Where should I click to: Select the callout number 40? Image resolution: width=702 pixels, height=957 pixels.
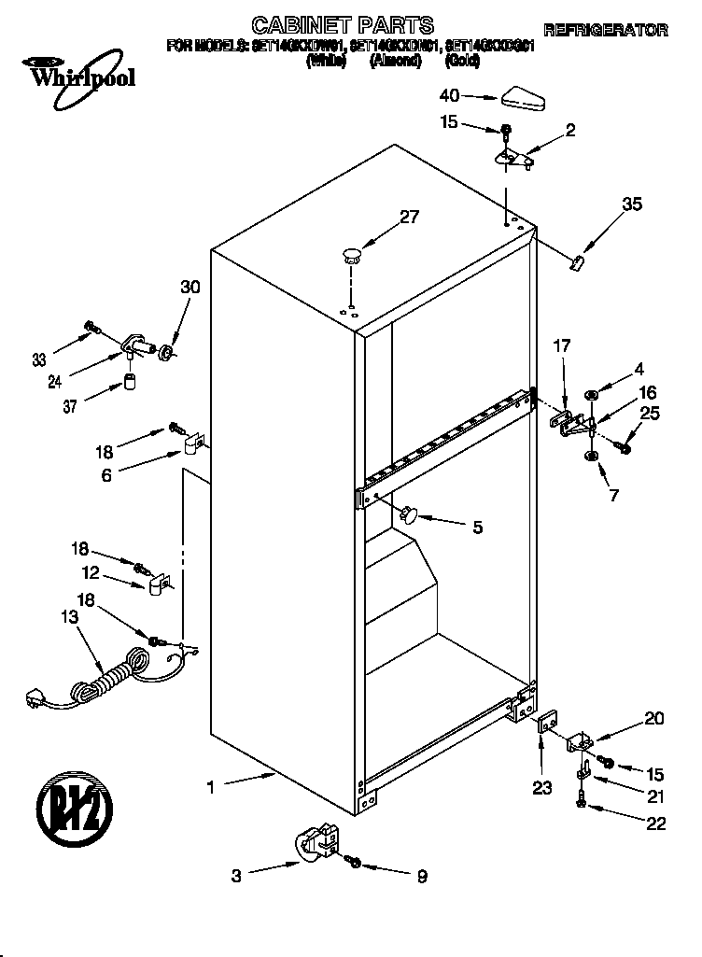(450, 95)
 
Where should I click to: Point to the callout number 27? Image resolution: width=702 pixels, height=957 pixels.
(409, 217)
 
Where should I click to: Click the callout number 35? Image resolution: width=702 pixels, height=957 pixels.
(632, 204)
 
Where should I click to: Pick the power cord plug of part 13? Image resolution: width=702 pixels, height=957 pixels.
(35, 696)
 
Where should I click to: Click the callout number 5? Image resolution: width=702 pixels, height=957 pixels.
(477, 528)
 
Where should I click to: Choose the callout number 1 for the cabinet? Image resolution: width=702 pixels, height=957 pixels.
(211, 787)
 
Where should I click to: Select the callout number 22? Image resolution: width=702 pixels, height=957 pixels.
(656, 823)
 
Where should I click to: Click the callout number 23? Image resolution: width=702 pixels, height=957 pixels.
(542, 787)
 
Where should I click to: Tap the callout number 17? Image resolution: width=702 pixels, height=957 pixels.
(561, 346)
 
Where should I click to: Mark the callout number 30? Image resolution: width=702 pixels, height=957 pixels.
(190, 288)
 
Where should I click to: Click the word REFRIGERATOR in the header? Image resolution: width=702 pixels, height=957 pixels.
(606, 30)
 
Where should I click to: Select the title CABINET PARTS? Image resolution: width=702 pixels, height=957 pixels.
(343, 25)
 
